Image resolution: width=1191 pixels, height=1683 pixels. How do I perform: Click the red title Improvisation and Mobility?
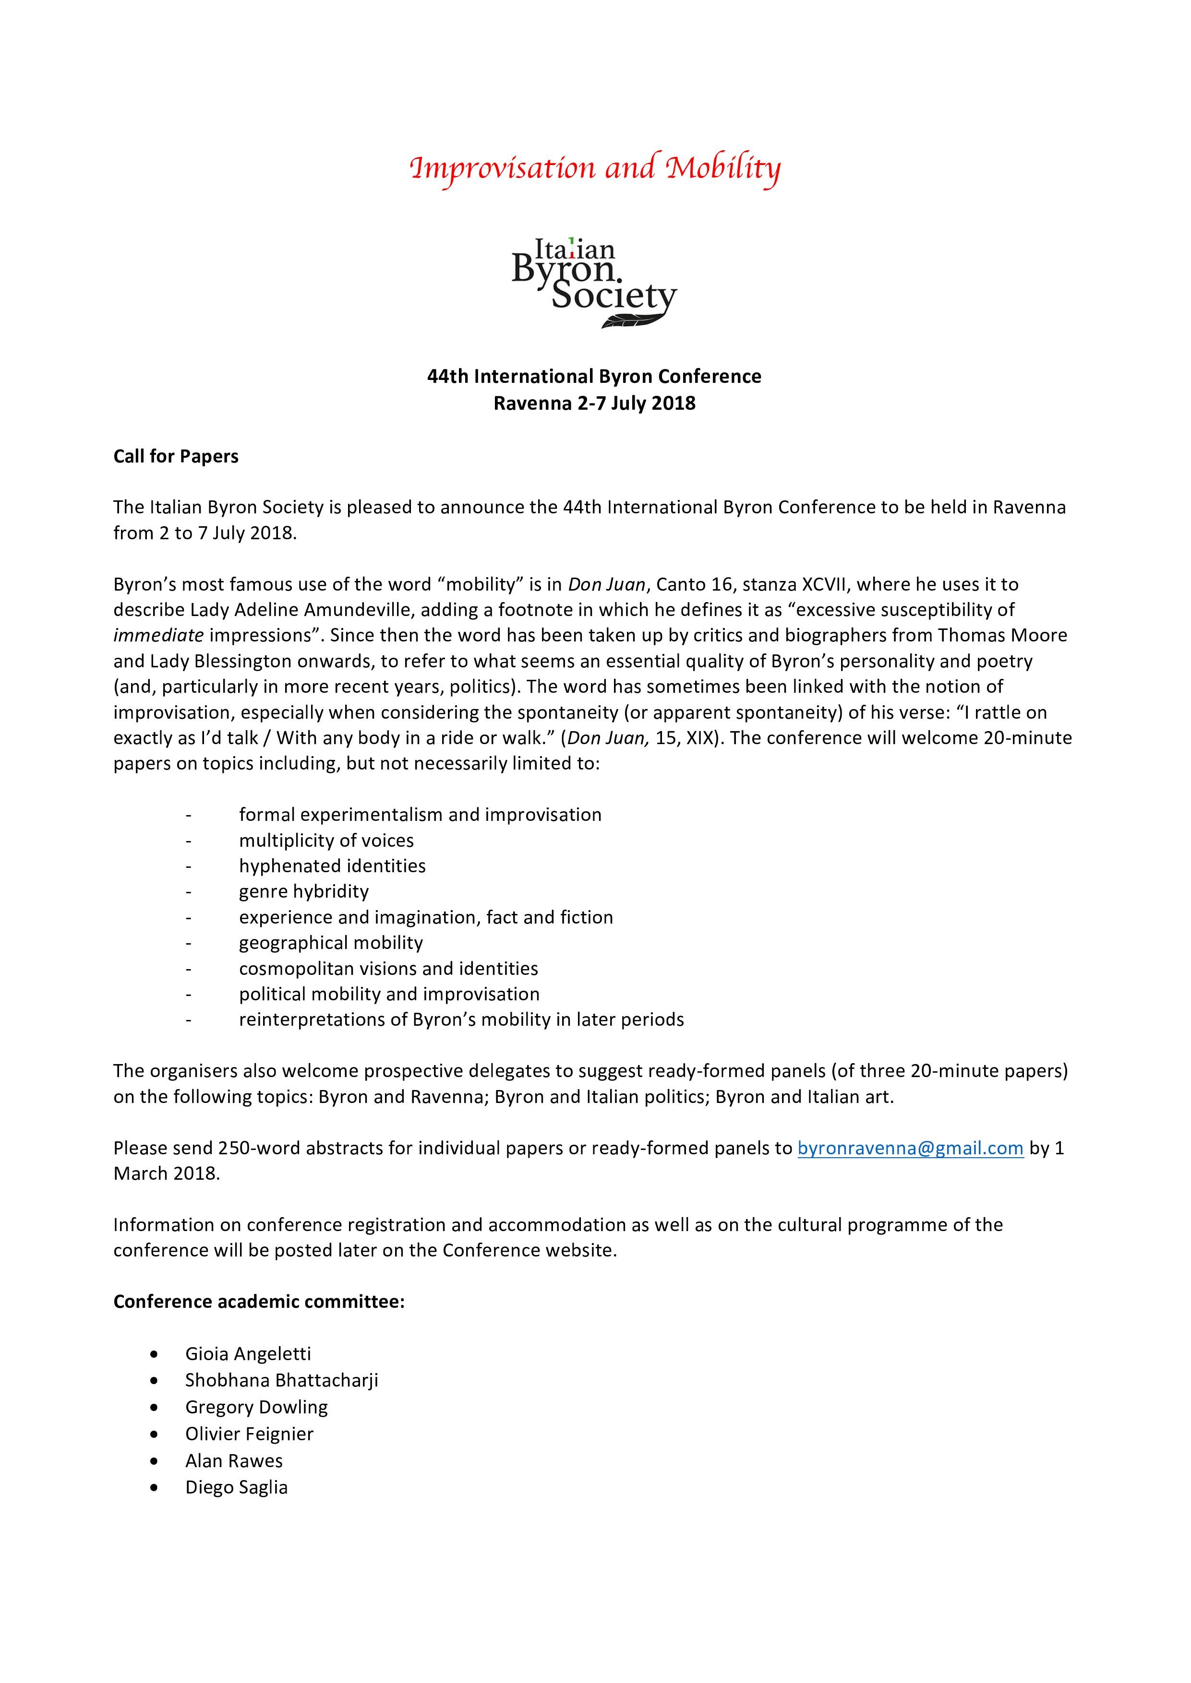(x=595, y=168)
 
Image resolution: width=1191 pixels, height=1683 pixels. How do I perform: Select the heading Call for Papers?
(x=176, y=457)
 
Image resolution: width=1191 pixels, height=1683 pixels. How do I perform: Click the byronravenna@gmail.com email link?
(x=910, y=1148)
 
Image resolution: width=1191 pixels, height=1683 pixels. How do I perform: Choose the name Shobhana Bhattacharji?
(x=282, y=1380)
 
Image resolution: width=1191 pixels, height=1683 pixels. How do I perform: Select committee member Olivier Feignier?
(x=249, y=1434)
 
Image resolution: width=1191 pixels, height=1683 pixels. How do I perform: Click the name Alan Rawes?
(x=234, y=1461)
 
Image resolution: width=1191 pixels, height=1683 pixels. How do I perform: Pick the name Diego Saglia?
(x=236, y=1487)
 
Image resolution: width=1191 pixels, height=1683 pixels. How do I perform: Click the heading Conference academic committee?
(x=259, y=1302)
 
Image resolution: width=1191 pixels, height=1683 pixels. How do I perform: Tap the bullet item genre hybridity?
(x=303, y=891)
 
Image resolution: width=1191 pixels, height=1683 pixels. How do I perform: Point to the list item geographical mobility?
(x=331, y=943)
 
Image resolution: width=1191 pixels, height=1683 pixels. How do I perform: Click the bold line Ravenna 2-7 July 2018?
(x=594, y=403)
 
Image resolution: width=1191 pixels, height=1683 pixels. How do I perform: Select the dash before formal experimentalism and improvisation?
(x=189, y=815)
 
